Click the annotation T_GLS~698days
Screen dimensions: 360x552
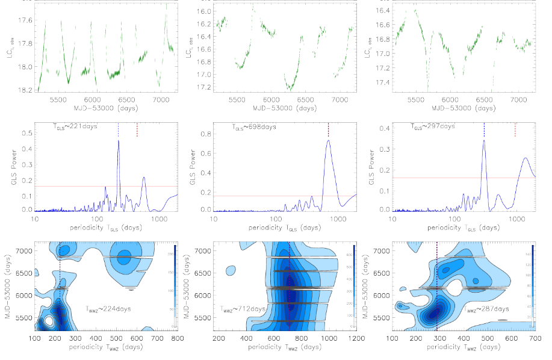click(x=254, y=127)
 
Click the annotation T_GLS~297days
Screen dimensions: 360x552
click(x=432, y=127)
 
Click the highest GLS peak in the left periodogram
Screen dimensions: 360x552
click(x=119, y=141)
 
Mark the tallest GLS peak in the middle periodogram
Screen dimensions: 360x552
click(x=329, y=141)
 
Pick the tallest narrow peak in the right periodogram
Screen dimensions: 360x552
click(x=484, y=141)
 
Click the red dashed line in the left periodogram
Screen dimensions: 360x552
click(x=137, y=129)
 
